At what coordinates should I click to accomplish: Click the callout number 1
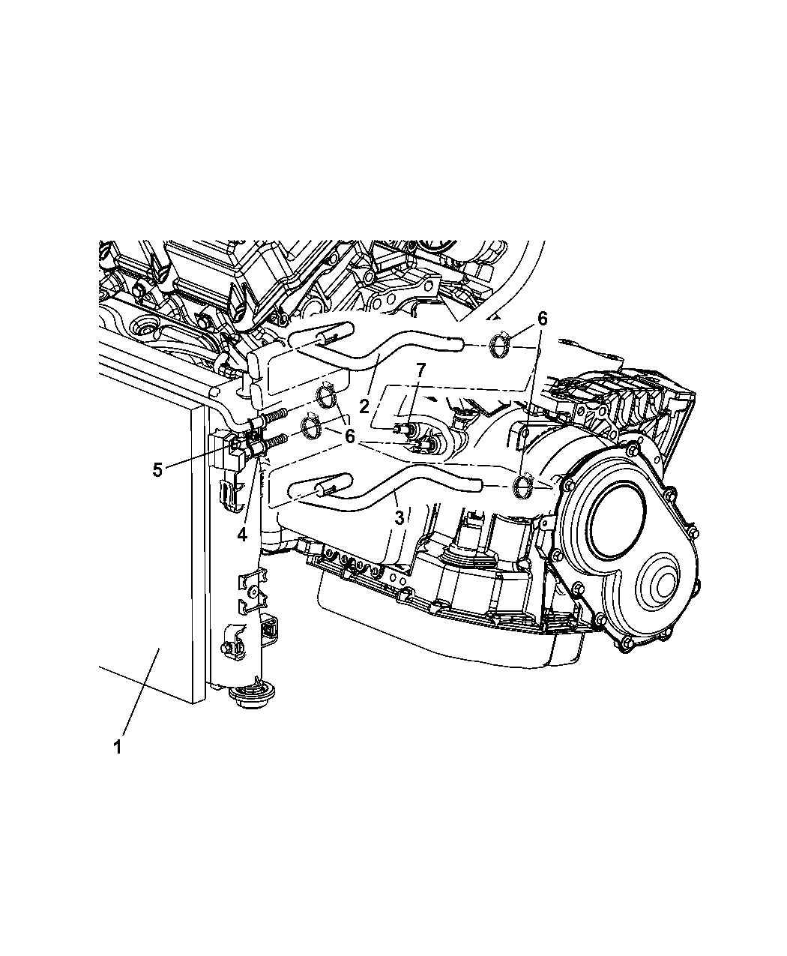(117, 748)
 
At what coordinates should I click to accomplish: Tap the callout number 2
(364, 406)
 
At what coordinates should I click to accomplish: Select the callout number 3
(399, 518)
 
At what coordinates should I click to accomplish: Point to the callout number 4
(242, 535)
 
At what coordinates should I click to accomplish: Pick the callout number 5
(157, 470)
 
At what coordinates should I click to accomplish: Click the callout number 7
(420, 370)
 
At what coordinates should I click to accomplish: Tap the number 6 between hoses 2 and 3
(349, 436)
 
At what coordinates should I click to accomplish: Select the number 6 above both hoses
(542, 319)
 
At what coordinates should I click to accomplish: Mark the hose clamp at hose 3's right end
(522, 485)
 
